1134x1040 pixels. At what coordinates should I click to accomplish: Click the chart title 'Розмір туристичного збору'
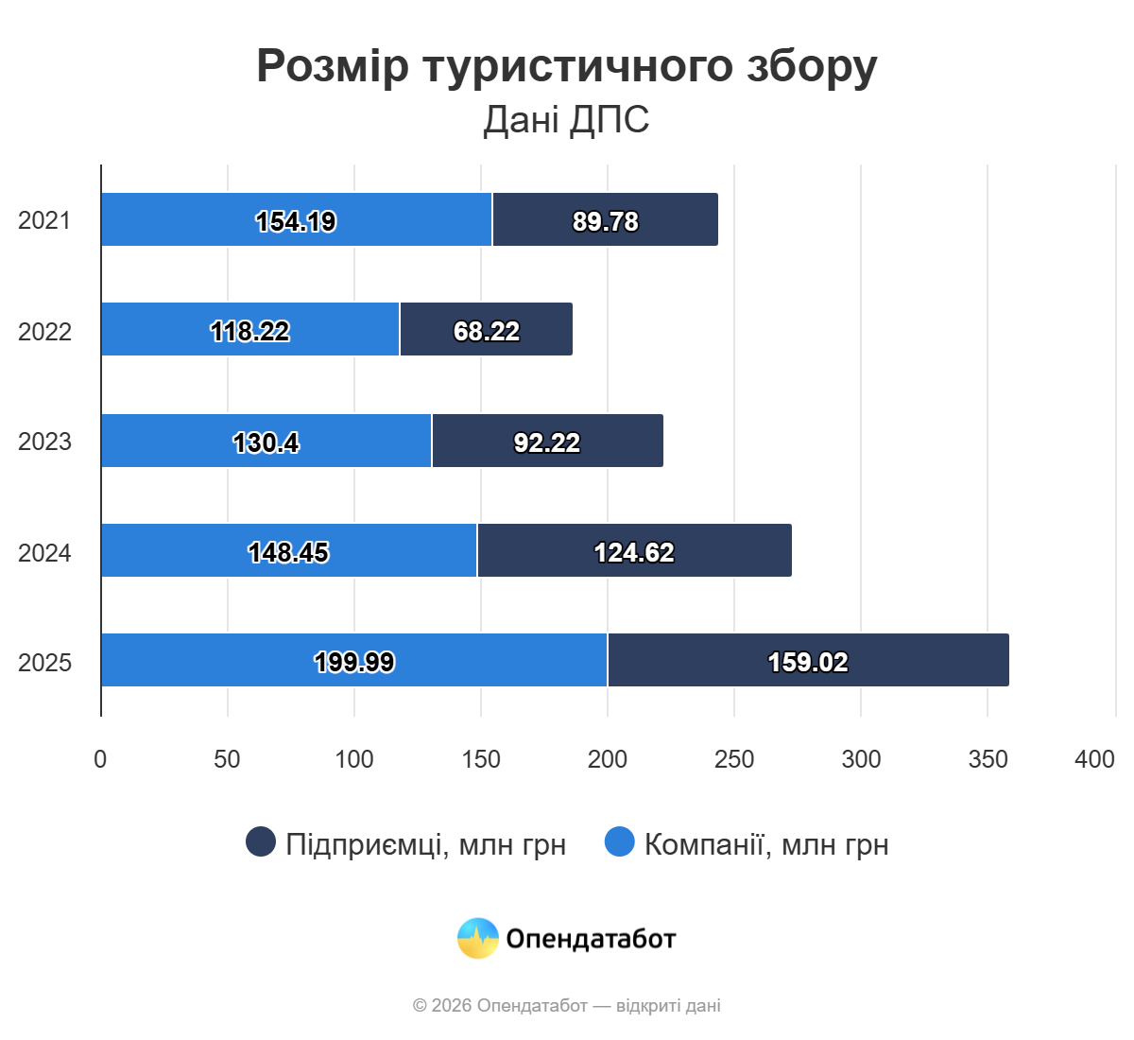pos(567,66)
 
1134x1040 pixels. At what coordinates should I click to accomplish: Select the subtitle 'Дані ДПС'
pos(567,120)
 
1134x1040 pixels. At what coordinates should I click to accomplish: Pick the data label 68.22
pos(487,331)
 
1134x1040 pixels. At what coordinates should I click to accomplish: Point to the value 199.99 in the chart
pos(354,662)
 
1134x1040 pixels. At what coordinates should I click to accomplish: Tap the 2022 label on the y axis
pos(44,331)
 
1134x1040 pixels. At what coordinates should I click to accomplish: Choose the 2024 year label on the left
pos(44,552)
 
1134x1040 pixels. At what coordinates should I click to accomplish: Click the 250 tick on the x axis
pos(734,759)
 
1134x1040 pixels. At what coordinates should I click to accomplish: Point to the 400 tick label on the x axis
pos(1094,759)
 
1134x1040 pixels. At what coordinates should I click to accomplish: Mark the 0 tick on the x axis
pos(100,759)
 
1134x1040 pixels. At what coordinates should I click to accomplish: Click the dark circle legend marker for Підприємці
pos(261,841)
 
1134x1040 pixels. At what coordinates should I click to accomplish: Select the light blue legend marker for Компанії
pos(620,841)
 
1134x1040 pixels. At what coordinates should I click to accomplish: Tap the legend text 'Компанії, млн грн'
pos(766,844)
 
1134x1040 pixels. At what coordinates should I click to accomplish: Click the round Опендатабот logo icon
pos(478,939)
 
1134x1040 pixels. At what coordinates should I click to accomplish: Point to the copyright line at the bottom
pos(567,1005)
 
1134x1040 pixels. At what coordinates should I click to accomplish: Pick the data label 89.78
pos(605,221)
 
